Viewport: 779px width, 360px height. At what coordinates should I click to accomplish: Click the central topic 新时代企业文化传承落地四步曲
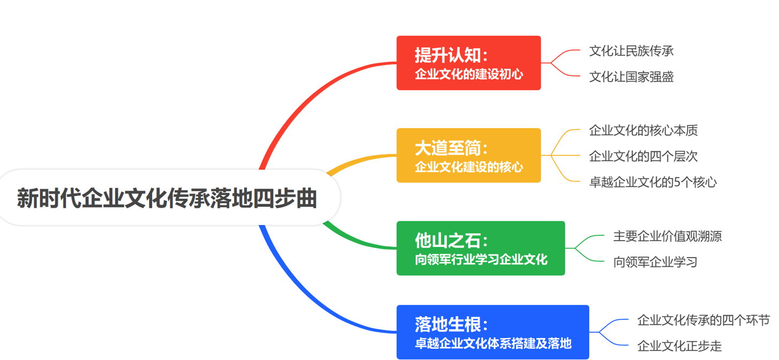pos(167,198)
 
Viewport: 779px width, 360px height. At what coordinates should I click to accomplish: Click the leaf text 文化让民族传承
pos(631,51)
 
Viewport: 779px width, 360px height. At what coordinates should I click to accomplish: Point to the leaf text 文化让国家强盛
pos(631,77)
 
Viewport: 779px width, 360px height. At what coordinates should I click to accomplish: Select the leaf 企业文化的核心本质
pos(643,130)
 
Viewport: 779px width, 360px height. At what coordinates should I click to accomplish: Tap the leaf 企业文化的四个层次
pos(643,156)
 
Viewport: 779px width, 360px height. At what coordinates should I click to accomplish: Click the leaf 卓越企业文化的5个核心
pos(653,182)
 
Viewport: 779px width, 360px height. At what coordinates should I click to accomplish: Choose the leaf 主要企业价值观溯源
pos(668,236)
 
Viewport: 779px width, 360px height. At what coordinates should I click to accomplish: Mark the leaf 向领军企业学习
pos(655,262)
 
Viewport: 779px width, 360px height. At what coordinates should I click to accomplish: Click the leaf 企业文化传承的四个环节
pos(703,320)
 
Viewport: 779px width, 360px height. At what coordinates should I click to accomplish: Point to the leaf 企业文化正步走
pos(679,346)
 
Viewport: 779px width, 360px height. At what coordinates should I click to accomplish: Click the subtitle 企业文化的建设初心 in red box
pos(469,74)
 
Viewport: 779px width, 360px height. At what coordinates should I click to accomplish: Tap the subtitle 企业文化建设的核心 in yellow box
pos(469,167)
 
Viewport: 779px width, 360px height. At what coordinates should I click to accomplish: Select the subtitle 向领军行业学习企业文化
pos(481,260)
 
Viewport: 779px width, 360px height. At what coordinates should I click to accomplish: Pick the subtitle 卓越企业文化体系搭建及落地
pos(493,343)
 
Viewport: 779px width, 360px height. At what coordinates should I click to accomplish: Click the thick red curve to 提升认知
pos(300,99)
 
